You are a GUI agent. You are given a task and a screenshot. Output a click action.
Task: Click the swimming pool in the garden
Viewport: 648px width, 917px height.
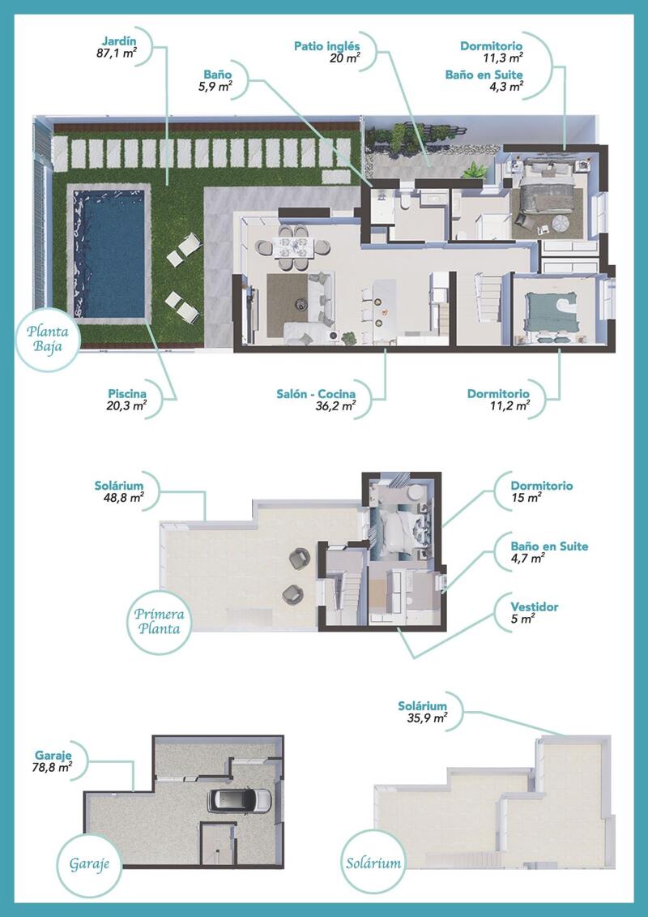click(x=109, y=253)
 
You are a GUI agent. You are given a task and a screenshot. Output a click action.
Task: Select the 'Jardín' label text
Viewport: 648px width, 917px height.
click(x=118, y=41)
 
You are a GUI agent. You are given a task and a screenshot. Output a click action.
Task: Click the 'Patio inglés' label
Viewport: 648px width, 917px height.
click(x=327, y=46)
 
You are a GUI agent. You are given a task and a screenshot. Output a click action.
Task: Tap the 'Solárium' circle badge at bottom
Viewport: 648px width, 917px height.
click(x=373, y=863)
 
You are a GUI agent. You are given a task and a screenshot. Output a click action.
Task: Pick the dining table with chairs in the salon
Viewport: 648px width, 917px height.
click(x=293, y=245)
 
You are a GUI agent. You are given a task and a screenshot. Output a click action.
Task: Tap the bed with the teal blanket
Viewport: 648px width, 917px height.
click(x=551, y=309)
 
